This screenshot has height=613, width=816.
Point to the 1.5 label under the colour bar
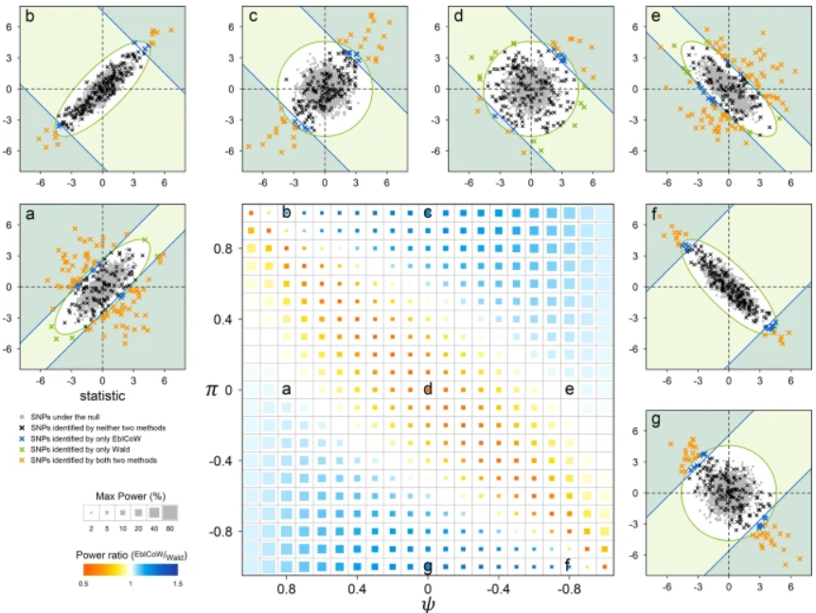[175, 586]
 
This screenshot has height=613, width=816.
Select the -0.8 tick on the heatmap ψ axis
[569, 589]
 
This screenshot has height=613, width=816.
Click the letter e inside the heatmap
[570, 389]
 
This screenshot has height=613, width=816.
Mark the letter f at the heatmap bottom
[568, 566]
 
